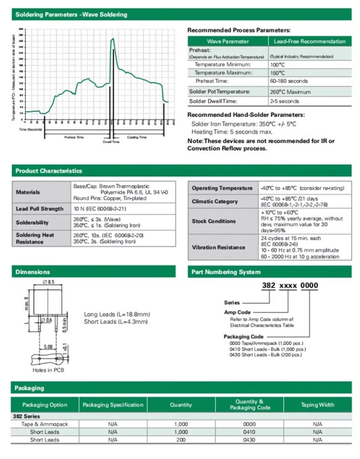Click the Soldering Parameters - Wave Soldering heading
click(x=71, y=15)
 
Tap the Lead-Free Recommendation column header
click(x=309, y=41)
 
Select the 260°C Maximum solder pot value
click(x=290, y=92)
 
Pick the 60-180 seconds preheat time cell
click(x=288, y=81)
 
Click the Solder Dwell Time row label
click(x=213, y=101)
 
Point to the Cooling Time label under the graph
click(x=137, y=137)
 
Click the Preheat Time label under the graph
click(x=74, y=137)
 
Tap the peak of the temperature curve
click(x=113, y=39)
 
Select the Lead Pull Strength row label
click(x=40, y=209)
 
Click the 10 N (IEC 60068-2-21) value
click(x=100, y=209)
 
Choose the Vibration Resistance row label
click(x=218, y=247)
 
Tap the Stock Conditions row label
click(x=214, y=221)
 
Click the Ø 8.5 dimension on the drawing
click(x=48, y=283)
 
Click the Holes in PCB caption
click(x=49, y=370)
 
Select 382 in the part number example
click(x=267, y=286)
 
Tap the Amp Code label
click(x=237, y=312)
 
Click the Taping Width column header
click(x=317, y=405)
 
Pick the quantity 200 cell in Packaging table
click(x=181, y=440)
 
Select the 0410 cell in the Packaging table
click(x=249, y=432)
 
